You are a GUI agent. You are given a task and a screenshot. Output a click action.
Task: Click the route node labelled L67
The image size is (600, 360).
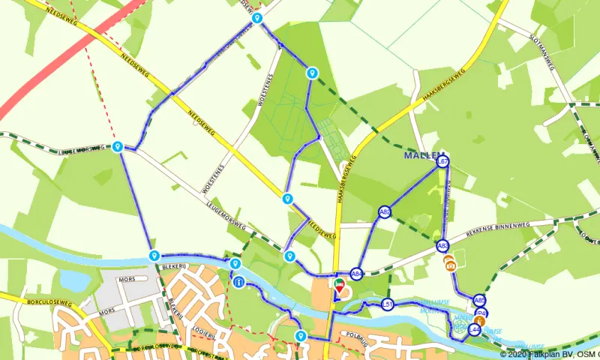coord(442,161)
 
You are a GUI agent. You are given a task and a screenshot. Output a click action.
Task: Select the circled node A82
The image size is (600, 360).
coord(385,212)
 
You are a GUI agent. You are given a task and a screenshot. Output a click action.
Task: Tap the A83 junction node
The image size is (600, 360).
coord(442,245)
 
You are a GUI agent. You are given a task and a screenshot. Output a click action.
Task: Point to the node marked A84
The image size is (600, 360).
coord(356,274)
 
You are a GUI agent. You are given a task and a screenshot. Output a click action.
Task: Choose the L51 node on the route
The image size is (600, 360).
coord(388,304)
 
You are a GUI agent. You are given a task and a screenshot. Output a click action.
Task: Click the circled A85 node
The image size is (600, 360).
coord(480,301)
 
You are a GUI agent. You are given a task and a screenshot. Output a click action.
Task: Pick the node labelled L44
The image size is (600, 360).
coord(474,329)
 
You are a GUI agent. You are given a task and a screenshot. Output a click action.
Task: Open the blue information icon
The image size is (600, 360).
coord(238,283)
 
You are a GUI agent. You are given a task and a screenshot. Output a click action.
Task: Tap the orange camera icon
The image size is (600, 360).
coord(449,263)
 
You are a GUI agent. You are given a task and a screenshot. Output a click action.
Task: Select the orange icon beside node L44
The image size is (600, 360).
coord(481,321)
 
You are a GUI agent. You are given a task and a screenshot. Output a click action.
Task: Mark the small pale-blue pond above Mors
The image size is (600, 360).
coord(75,280)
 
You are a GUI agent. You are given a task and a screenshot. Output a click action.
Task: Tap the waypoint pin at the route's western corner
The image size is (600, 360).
coord(118,147)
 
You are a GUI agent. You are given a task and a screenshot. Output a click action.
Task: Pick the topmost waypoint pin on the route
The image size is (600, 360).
coord(257,18)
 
